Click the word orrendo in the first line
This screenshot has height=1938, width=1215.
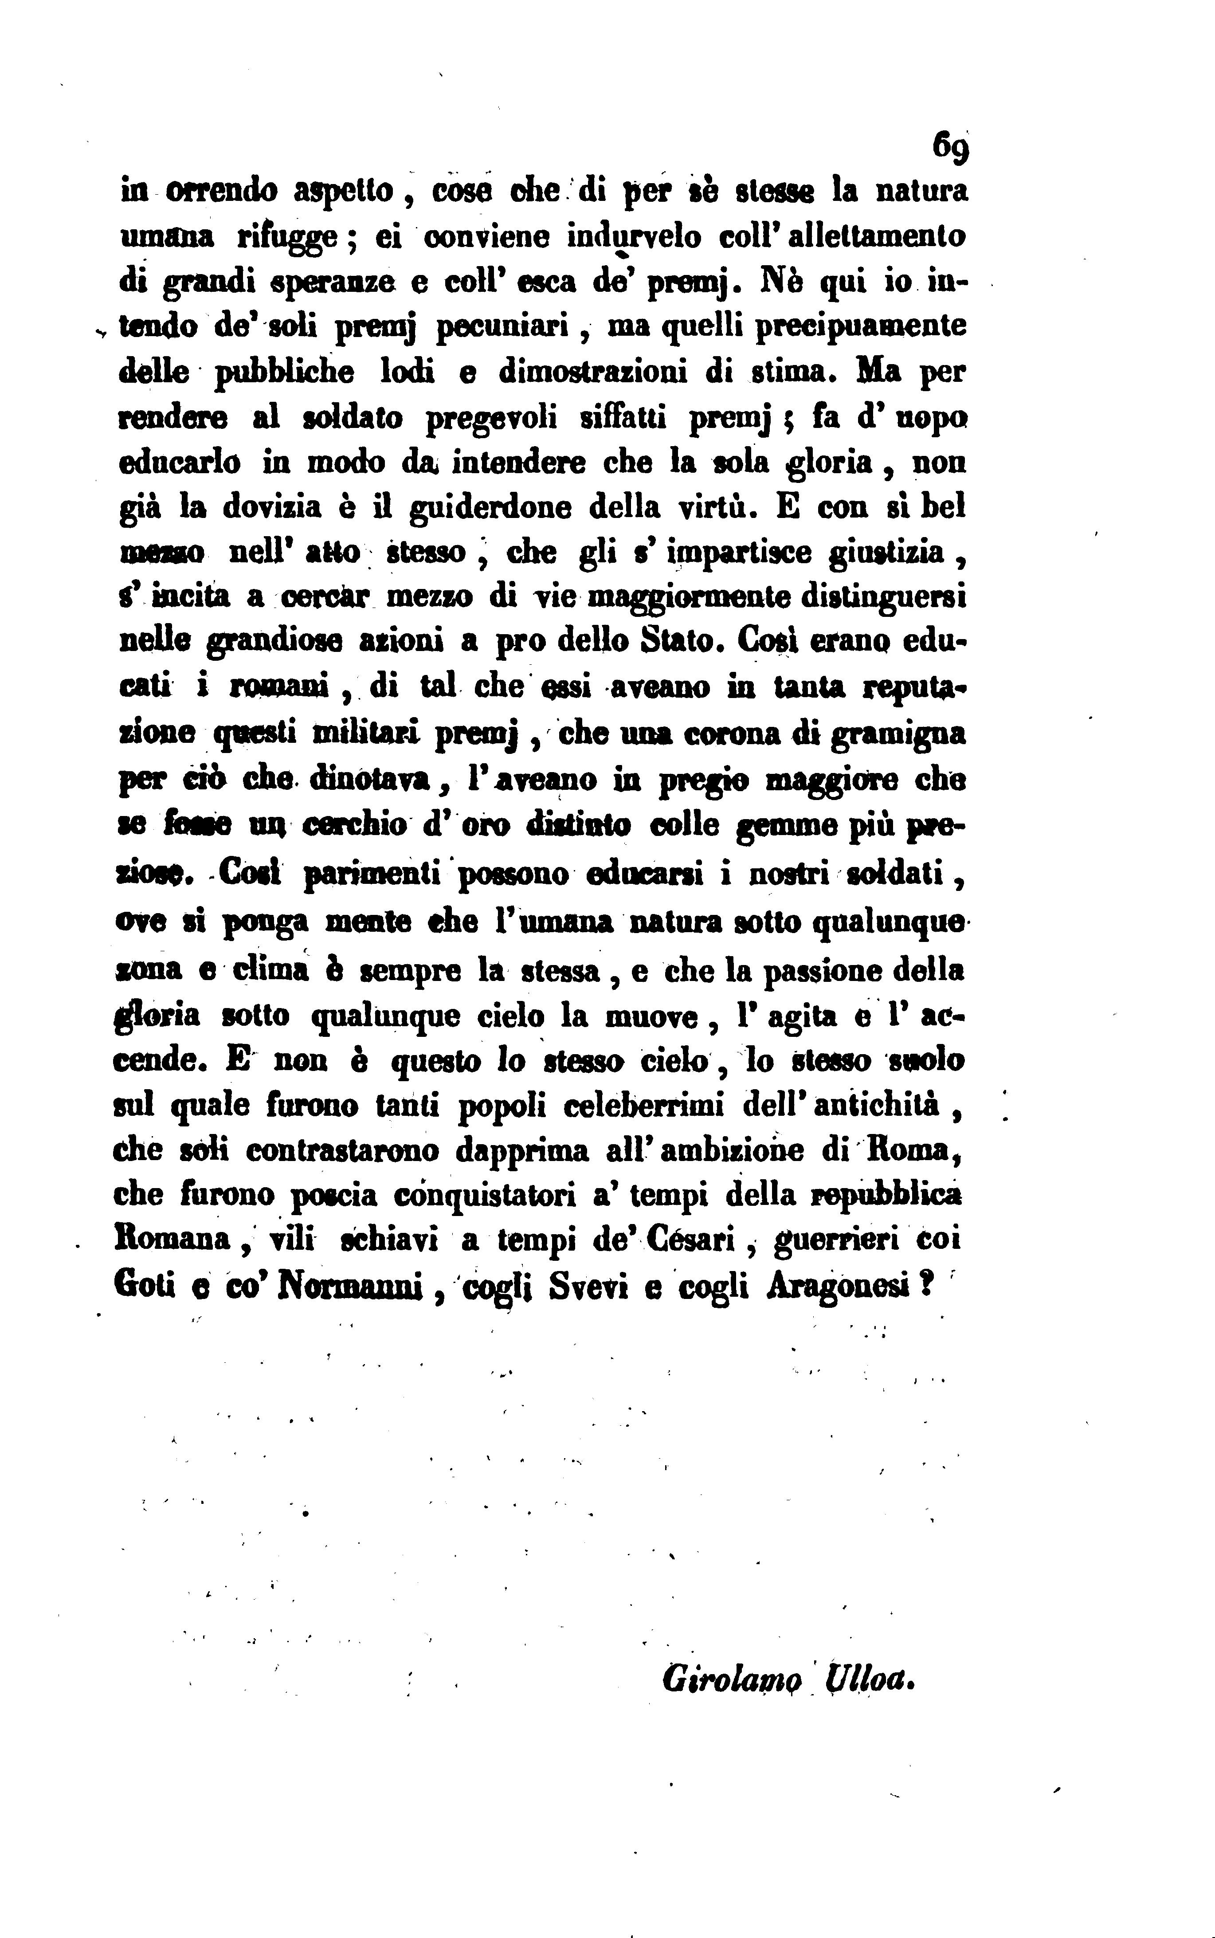221,192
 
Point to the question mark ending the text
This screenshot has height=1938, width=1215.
926,1287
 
